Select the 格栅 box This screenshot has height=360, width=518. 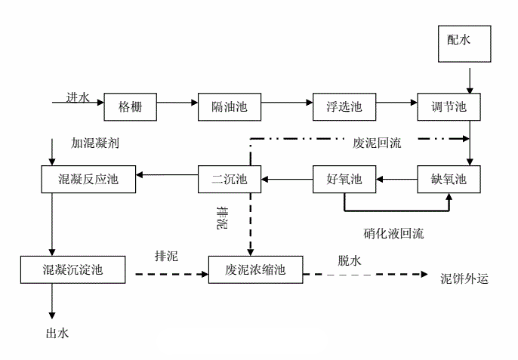pos(130,107)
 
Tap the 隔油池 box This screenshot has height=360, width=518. pos(229,107)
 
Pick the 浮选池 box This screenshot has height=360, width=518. pos(344,107)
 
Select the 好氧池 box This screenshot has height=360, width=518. pos(344,180)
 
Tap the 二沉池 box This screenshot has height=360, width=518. pos(229,180)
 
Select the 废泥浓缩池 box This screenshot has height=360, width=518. pos(255,269)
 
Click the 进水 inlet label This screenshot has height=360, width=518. pos(78,97)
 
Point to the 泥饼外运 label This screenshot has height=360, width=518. pos(465,278)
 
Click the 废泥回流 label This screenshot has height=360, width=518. pos(377,142)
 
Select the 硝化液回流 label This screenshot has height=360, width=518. pos(393,233)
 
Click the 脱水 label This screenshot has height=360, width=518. pos(349,260)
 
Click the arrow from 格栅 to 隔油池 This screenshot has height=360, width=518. pos(177,102)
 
